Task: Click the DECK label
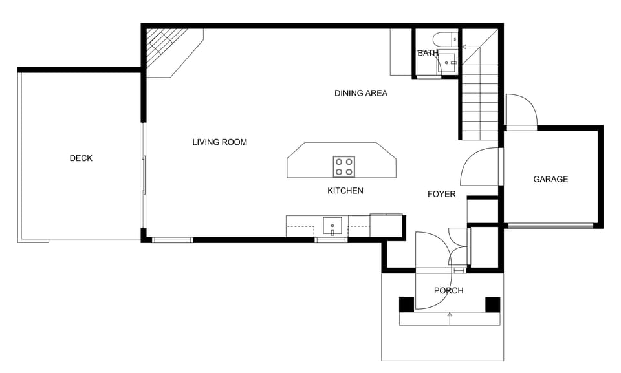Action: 81,158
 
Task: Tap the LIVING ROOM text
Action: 219,142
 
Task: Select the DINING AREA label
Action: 360,93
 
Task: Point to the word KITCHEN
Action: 345,191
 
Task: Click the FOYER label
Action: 442,194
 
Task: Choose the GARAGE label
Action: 550,179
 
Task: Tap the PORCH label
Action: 448,291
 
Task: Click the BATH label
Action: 428,53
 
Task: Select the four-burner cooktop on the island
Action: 343,167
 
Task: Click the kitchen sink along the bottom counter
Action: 332,226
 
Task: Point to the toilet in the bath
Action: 444,38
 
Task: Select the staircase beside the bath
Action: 479,97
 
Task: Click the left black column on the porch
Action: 406,304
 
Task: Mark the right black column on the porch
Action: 493,304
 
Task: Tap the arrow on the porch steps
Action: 450,315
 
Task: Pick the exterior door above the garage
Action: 520,111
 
